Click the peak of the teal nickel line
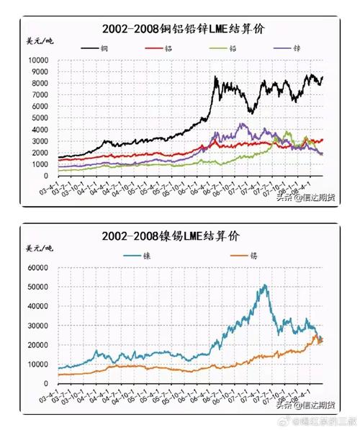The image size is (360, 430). click(x=265, y=285)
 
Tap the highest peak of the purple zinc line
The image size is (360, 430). click(x=241, y=124)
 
